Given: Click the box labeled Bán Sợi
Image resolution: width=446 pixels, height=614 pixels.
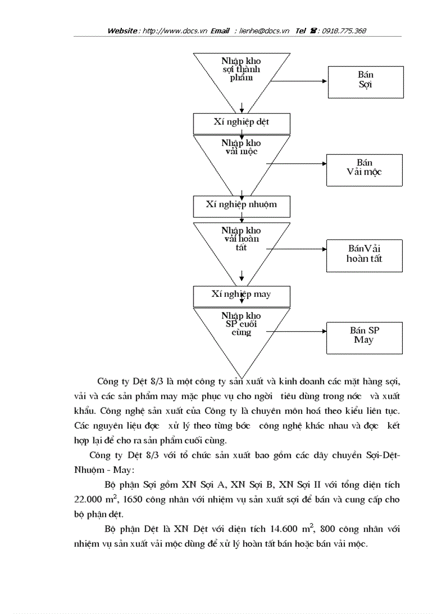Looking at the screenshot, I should [365, 82].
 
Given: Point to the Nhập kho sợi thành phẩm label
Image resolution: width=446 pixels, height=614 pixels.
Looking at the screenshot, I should [241, 69].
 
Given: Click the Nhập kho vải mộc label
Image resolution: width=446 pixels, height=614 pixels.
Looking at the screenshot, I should [241, 147].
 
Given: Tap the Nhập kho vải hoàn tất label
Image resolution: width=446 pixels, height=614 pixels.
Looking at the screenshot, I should [241, 239].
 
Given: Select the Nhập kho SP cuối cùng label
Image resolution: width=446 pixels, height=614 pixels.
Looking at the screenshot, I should [241, 324].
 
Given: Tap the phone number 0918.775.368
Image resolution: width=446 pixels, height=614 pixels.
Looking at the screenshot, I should [344, 31].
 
